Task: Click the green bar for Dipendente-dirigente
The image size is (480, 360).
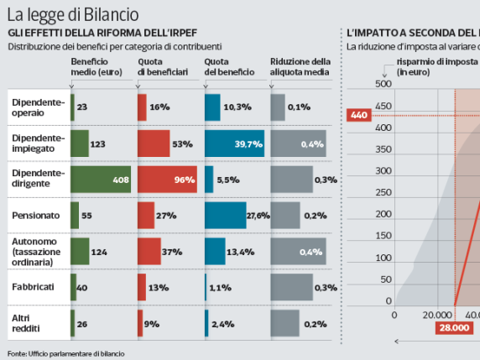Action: pyautogui.click(x=101, y=180)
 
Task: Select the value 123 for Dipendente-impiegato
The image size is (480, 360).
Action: pyautogui.click(x=97, y=144)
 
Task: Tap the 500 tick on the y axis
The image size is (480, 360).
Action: pyautogui.click(x=383, y=84)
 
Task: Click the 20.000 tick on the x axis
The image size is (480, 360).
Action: pyautogui.click(x=437, y=315)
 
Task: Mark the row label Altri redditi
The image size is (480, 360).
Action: pyautogui.click(x=27, y=323)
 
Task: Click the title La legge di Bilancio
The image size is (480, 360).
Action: pyautogui.click(x=73, y=14)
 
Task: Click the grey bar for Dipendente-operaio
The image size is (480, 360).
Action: pyautogui.click(x=278, y=107)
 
